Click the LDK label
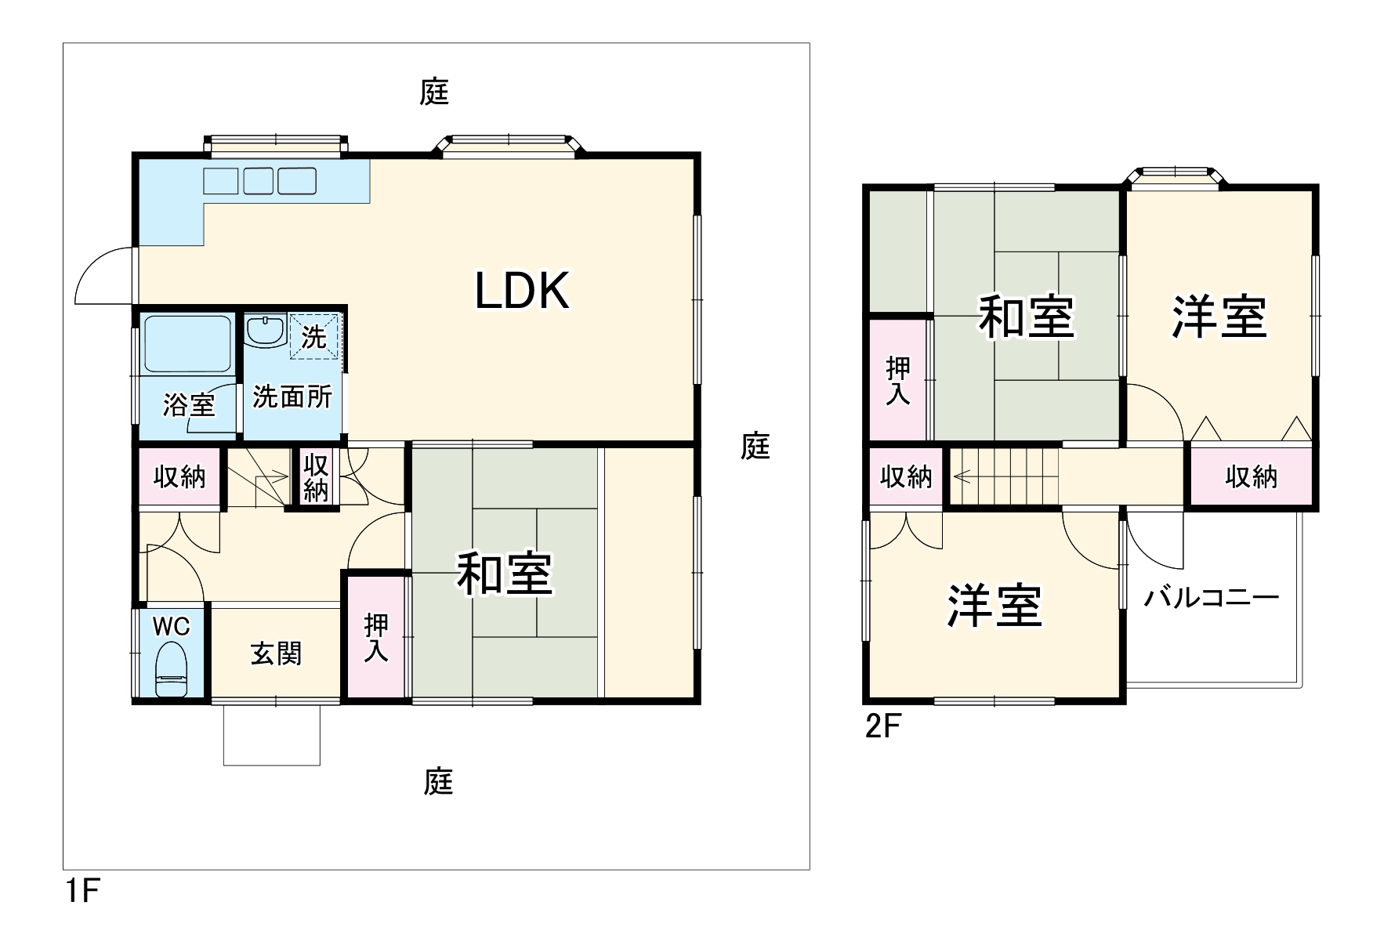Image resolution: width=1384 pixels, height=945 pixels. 522,291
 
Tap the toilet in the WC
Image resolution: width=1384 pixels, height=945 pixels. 171,670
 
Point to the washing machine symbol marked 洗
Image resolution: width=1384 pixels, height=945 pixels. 315,337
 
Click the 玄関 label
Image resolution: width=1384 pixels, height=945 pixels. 276,654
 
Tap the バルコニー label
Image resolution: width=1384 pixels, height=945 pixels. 1211,599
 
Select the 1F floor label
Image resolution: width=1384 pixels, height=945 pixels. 82,891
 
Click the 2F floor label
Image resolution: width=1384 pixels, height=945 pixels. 883,727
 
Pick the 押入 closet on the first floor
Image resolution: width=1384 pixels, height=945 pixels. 376,638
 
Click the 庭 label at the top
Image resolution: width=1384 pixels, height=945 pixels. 434,92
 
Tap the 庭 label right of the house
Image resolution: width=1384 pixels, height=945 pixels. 755,446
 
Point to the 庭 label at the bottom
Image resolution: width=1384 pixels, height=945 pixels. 438,781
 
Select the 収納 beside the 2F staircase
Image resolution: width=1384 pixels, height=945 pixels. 906,476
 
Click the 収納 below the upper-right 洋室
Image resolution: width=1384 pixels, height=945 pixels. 1251,476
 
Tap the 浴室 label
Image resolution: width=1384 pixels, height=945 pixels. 189,405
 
